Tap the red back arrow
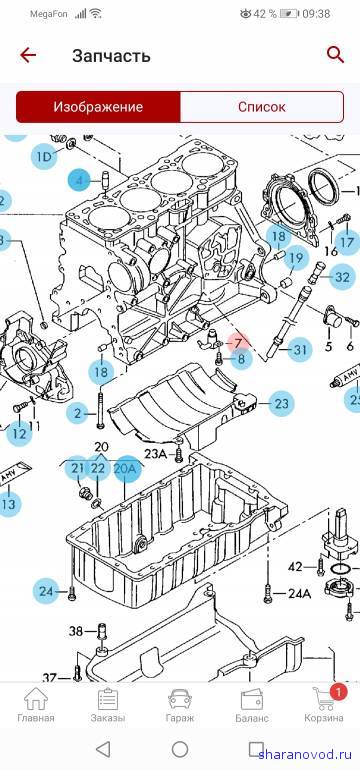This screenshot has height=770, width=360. tap(28, 55)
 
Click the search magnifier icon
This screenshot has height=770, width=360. tap(335, 55)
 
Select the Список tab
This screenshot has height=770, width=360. tap(262, 107)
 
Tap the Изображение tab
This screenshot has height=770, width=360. tap(98, 107)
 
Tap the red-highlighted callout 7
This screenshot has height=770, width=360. tap(238, 342)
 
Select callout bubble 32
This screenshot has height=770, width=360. tap(342, 277)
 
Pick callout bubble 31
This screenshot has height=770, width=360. tap(300, 350)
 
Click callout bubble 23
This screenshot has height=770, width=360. tap(281, 404)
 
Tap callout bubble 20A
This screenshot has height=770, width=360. tap(125, 469)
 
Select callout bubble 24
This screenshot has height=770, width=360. tap(46, 592)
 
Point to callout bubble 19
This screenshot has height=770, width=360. tap(296, 258)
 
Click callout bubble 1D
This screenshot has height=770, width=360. tap(44, 156)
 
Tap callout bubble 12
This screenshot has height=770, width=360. tap(19, 434)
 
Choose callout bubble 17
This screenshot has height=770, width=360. tap(347, 242)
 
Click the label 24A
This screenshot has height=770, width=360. tap(300, 594)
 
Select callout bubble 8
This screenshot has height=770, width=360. tap(241, 358)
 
